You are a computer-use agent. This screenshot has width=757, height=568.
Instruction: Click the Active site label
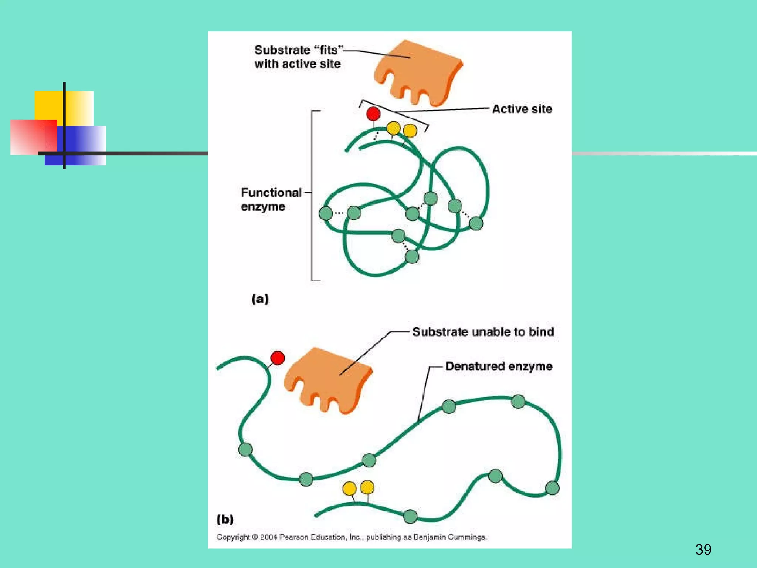click(x=522, y=109)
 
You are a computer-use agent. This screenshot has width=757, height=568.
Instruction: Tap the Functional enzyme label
click(x=271, y=199)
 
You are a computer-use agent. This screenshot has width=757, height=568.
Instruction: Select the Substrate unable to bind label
click(x=483, y=332)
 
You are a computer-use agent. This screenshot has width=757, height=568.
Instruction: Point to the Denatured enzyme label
click(x=498, y=366)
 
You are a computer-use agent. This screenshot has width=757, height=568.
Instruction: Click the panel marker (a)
click(x=260, y=299)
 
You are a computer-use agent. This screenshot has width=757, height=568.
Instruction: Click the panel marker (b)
click(x=225, y=519)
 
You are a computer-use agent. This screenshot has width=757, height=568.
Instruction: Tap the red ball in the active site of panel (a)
click(x=373, y=114)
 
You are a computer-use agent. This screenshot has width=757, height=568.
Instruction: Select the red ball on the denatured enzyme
click(x=278, y=358)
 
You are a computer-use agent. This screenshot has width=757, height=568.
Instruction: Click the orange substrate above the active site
click(x=418, y=72)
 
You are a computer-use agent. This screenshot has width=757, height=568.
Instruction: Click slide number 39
click(x=703, y=550)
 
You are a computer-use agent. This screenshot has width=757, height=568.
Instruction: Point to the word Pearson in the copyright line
click(x=293, y=537)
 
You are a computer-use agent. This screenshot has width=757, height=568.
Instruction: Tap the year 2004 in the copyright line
click(x=268, y=537)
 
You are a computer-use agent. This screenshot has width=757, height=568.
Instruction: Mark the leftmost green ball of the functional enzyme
click(x=326, y=213)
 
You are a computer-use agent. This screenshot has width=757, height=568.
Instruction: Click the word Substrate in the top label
click(x=282, y=50)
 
